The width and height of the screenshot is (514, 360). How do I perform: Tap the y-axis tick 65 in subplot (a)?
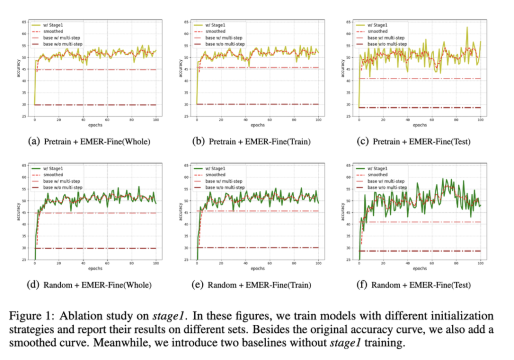pos(24,22)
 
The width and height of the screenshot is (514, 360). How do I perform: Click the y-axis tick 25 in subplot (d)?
pos(24,260)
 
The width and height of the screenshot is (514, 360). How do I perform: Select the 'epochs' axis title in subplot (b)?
pos(258,125)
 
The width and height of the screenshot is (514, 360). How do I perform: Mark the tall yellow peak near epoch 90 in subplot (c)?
pos(467,28)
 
